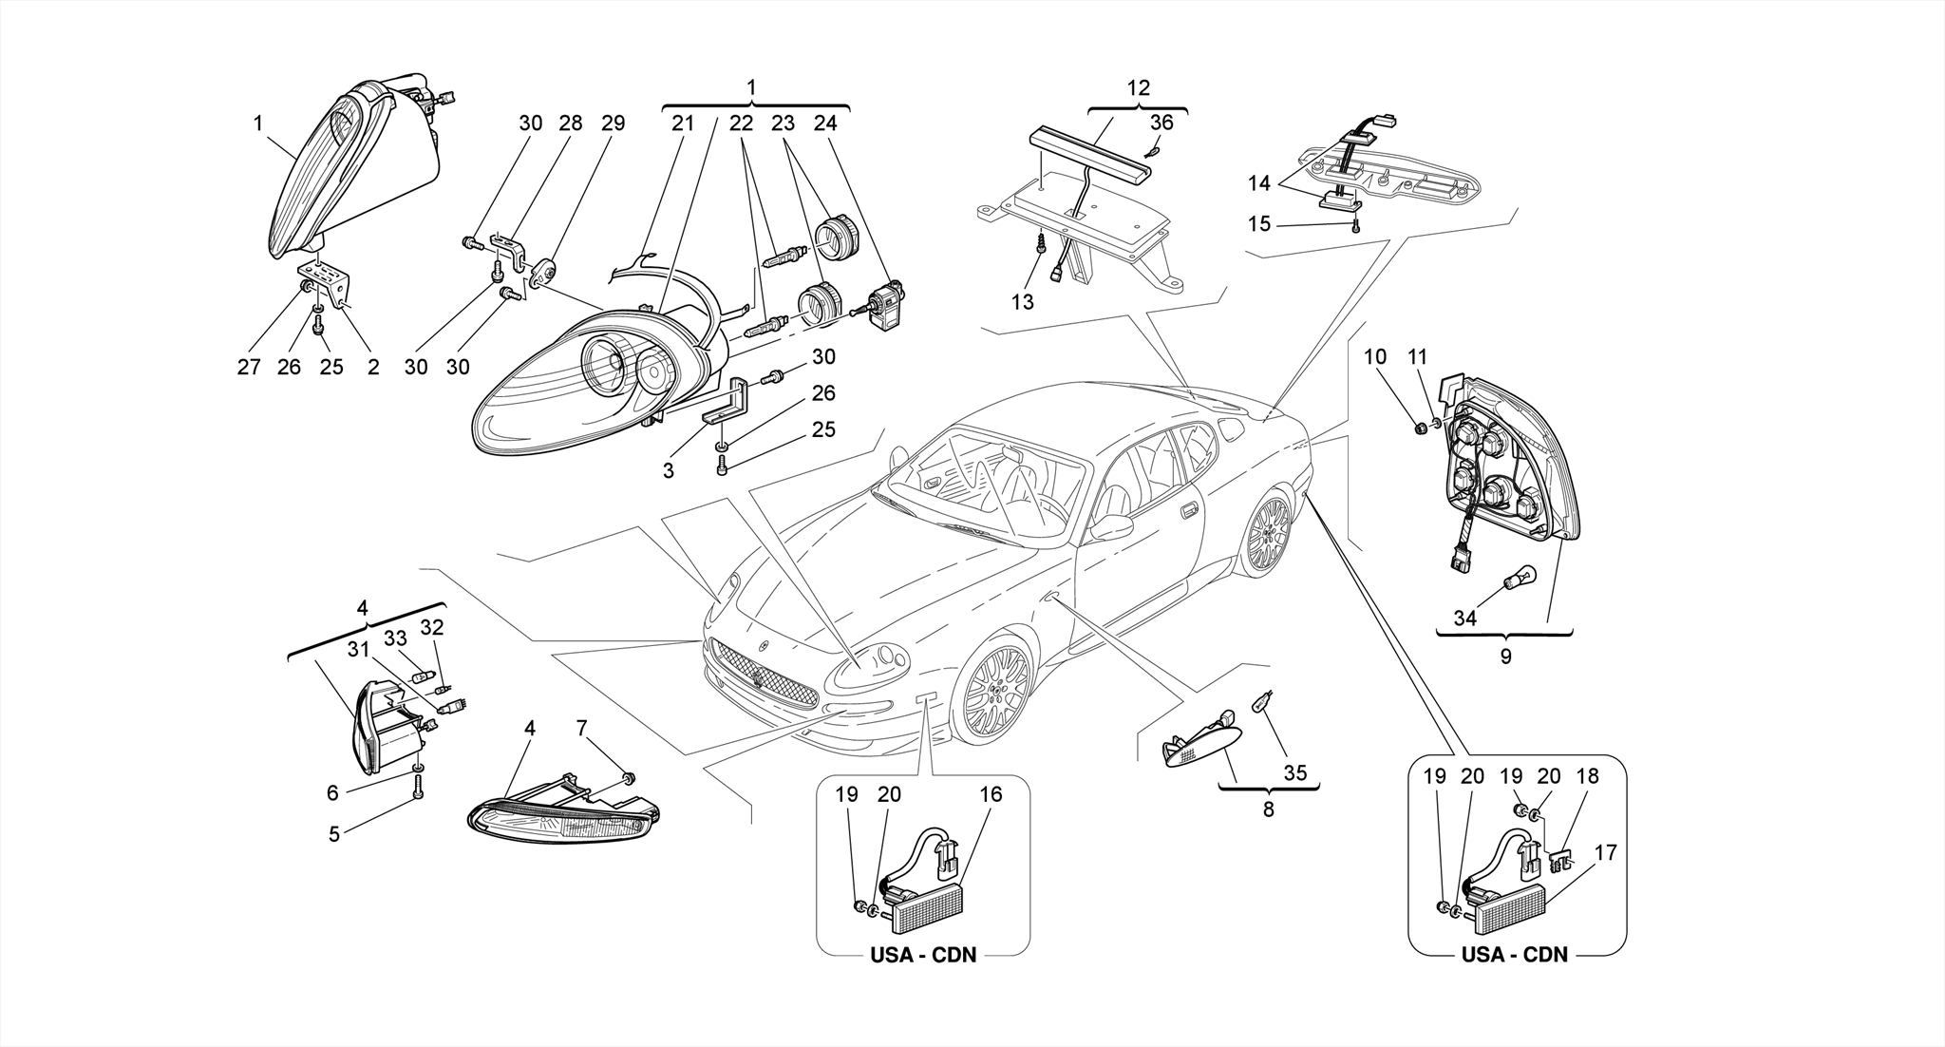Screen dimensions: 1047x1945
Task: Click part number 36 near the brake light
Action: (x=1161, y=123)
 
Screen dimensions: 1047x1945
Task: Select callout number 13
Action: (x=1022, y=302)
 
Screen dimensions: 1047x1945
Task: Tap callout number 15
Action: (x=1258, y=224)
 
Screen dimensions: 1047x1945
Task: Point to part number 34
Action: (x=1464, y=618)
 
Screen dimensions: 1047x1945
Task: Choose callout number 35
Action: (x=1294, y=772)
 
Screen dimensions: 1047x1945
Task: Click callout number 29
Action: (x=614, y=123)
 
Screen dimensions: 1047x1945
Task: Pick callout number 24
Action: (x=825, y=123)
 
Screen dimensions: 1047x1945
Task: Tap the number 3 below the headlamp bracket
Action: (x=669, y=470)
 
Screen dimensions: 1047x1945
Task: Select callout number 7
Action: (x=582, y=729)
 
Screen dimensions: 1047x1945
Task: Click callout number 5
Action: (x=334, y=835)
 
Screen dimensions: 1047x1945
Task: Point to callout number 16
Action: (x=991, y=794)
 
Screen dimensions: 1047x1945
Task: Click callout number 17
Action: (x=1605, y=853)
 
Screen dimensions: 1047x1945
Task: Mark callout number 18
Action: (x=1586, y=775)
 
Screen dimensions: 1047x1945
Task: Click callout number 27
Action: (x=249, y=367)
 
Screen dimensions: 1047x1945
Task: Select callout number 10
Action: (x=1375, y=357)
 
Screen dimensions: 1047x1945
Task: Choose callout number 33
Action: (x=395, y=638)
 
